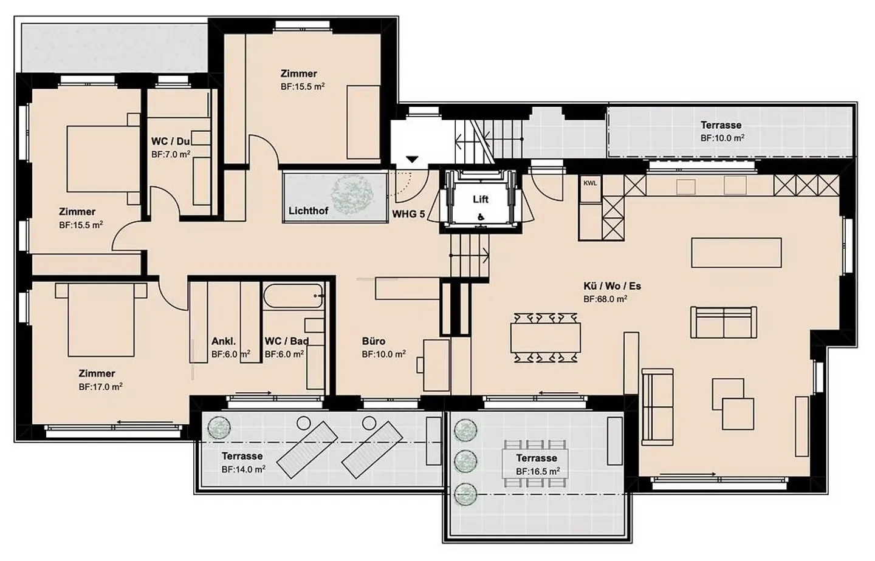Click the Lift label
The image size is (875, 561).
pos(481,199)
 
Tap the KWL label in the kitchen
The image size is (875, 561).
pos(590,183)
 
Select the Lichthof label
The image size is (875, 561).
pos(308,211)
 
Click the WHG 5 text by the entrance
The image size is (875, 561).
pos(408,214)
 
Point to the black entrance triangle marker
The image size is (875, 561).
pos(413,159)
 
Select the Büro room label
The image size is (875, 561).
pos(374,341)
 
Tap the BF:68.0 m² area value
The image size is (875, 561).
pos(605,299)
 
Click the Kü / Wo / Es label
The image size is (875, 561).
pos(612,286)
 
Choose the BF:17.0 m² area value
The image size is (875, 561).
pos(100,387)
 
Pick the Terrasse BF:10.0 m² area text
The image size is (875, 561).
pos(722,138)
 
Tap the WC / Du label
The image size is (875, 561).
pos(170,141)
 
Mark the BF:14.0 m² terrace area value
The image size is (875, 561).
pos(243,469)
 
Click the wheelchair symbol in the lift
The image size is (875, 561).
pos(481,217)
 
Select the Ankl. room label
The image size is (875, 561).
pos(224,341)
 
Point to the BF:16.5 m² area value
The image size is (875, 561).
pos(538,471)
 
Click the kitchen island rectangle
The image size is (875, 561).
pos(736,253)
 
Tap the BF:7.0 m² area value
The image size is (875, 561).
pos(171,154)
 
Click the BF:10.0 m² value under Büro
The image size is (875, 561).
pos(383,354)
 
